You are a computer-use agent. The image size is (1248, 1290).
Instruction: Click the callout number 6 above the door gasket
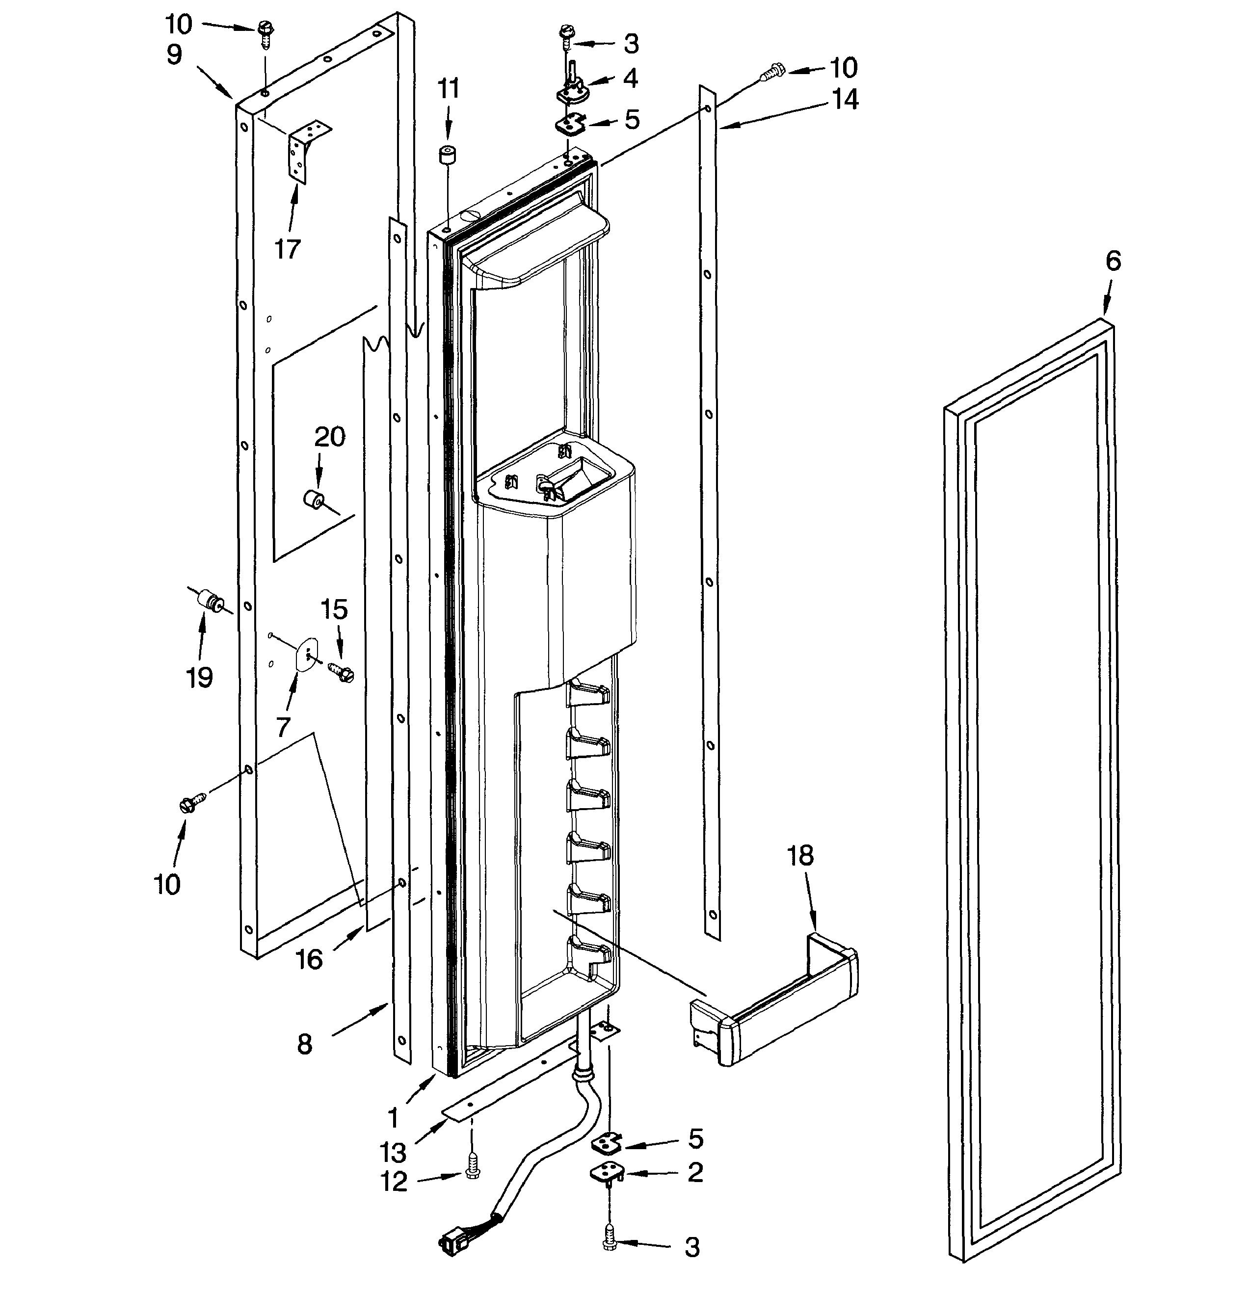coord(1113,262)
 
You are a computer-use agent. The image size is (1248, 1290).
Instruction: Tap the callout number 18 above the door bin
coord(800,856)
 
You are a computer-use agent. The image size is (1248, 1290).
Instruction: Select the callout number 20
coord(329,437)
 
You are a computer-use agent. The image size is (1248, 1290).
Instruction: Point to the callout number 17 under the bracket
coord(287,249)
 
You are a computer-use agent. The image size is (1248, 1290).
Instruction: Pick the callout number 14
coord(845,100)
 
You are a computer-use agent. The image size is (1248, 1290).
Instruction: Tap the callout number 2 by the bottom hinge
coord(695,1172)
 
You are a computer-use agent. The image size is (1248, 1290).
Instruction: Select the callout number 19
coord(199,677)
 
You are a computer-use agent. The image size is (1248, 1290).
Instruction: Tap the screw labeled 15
coord(342,671)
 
